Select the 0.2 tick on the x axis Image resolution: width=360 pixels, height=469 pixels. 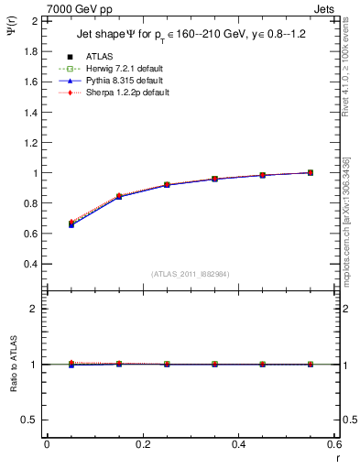pyautogui.click(x=142, y=445)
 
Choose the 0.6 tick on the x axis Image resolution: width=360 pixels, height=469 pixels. pyautogui.click(x=333, y=445)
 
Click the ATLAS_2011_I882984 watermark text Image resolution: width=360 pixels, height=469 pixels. pyautogui.click(x=190, y=274)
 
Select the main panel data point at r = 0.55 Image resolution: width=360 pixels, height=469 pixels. pyautogui.click(x=310, y=172)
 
